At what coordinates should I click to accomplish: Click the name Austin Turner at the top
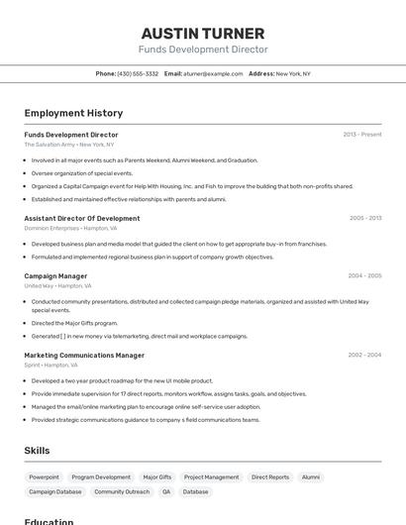pyautogui.click(x=203, y=34)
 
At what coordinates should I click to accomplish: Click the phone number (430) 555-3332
pyautogui.click(x=138, y=73)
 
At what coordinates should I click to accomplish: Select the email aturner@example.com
pyautogui.click(x=212, y=73)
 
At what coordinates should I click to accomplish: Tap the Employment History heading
pyautogui.click(x=73, y=113)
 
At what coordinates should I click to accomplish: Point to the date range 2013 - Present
pyautogui.click(x=362, y=135)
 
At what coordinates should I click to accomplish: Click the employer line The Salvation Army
pyautogui.click(x=50, y=145)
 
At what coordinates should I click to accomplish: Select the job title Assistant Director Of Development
pyautogui.click(x=82, y=218)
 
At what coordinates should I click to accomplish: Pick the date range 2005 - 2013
pyautogui.click(x=365, y=218)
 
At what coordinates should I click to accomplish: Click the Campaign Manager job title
pyautogui.click(x=55, y=276)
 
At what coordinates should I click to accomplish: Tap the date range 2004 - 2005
pyautogui.click(x=364, y=276)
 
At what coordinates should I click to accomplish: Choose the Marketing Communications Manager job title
pyautogui.click(x=84, y=355)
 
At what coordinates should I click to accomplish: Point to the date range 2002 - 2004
pyautogui.click(x=364, y=355)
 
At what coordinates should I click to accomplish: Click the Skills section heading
pyautogui.click(x=37, y=451)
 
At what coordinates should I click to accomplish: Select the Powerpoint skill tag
pyautogui.click(x=44, y=477)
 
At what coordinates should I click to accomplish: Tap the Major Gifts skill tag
pyautogui.click(x=157, y=477)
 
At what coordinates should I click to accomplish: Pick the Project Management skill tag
pyautogui.click(x=211, y=477)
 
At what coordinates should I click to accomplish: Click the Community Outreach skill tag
pyautogui.click(x=122, y=492)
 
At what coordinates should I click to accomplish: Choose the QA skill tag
pyautogui.click(x=166, y=492)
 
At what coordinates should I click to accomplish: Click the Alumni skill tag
pyautogui.click(x=311, y=477)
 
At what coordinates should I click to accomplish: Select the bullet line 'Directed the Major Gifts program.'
pyautogui.click(x=74, y=323)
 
